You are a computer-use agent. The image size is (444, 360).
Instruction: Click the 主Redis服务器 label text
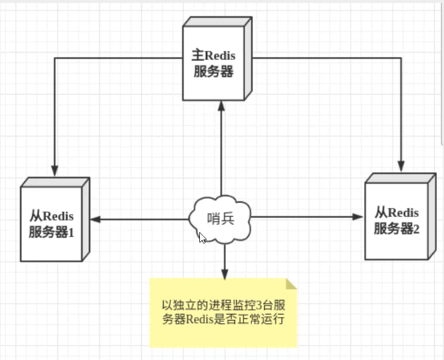213,63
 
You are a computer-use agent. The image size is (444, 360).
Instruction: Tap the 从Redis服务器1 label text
51,224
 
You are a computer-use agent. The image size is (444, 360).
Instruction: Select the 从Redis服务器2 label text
396,221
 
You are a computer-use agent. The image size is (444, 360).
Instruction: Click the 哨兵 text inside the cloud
220,219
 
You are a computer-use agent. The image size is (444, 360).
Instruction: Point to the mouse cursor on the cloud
202,238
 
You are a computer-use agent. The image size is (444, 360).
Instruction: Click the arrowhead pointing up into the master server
221,106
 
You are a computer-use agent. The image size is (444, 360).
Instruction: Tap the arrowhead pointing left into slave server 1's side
96,219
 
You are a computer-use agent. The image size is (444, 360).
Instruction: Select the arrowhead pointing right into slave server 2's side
357,217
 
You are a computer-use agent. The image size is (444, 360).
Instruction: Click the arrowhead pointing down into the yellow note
225,274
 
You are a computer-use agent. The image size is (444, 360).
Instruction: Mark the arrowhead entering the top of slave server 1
55,171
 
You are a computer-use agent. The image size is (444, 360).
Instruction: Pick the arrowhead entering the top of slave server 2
401,166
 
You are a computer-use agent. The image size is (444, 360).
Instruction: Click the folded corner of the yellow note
291,284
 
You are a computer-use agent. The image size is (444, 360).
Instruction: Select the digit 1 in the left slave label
71,233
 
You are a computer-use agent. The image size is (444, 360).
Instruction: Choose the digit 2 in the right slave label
416,230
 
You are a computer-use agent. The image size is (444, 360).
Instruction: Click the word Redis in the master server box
220,56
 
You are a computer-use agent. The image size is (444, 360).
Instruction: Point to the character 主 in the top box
198,55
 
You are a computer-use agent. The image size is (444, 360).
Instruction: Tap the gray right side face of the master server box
248,58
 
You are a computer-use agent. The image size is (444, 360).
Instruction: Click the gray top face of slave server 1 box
56,182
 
